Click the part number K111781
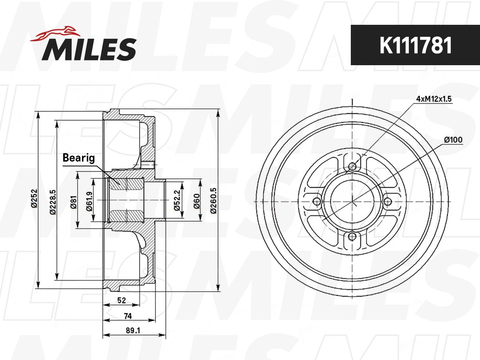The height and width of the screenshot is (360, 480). (x=416, y=46)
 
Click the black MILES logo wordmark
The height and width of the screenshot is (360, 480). (x=89, y=49)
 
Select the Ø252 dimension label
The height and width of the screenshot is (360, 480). (x=34, y=198)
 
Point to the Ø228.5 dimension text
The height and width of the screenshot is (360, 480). (x=53, y=202)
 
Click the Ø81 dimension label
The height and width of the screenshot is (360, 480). (x=74, y=202)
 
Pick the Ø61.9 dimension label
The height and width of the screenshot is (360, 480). (x=90, y=201)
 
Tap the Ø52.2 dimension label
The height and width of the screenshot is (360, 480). (x=177, y=200)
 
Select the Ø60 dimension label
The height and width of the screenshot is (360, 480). (x=197, y=201)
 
